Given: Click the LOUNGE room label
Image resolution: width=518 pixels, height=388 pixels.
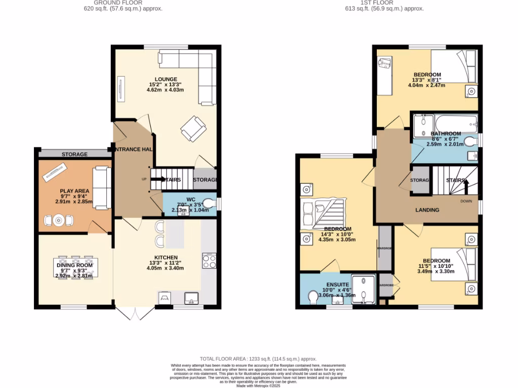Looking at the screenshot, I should click(166, 79).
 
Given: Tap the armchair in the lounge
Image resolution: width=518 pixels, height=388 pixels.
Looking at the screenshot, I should click(193, 128).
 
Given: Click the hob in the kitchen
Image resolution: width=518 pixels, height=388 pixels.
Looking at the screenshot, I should click(209, 261).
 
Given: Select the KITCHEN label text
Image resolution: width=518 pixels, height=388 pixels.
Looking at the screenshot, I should click(165, 257).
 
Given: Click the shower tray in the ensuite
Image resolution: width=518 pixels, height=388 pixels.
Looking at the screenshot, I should click(364, 290).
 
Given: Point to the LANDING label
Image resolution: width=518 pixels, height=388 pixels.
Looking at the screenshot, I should click(427, 210).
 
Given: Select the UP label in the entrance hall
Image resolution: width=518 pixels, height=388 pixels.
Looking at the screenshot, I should click(144, 179).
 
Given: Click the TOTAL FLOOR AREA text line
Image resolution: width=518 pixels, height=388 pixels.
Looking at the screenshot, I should click(258, 358).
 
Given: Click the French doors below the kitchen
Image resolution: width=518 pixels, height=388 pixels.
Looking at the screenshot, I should click(135, 313).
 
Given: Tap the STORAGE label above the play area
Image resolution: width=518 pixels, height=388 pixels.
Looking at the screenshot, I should click(74, 154).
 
